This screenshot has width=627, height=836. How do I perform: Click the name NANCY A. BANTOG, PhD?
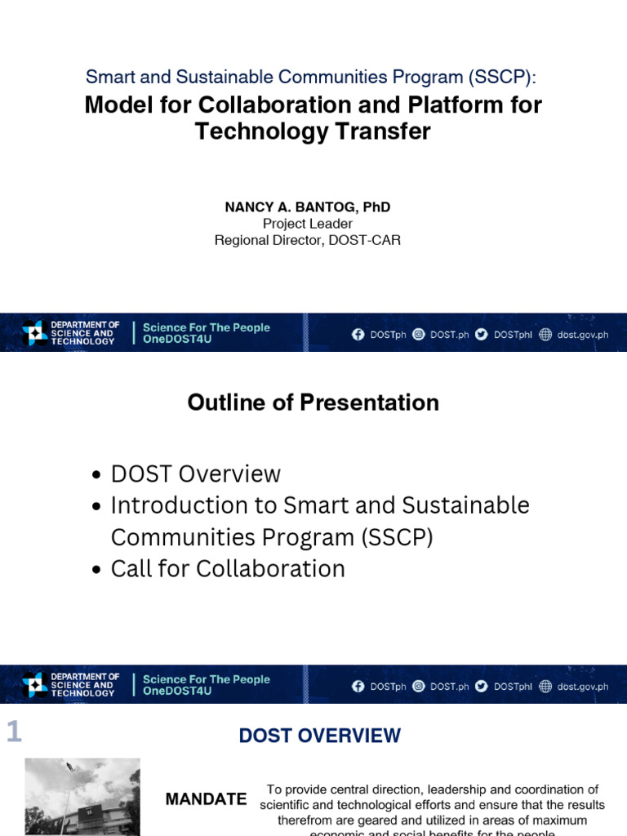coord(308,207)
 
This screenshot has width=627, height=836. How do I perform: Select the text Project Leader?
coord(308,224)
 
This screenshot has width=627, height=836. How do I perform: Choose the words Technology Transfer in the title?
coord(313,131)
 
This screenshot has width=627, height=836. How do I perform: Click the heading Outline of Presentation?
coord(313,402)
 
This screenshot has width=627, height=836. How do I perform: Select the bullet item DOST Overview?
coord(196,474)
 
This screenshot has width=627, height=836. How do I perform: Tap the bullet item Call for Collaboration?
coord(228,569)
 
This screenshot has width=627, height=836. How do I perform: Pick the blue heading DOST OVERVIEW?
coord(320,736)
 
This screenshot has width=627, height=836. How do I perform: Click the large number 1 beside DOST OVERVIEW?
coord(13,733)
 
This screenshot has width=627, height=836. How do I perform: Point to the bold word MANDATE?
coord(206,799)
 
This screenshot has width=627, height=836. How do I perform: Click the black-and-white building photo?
coord(82,797)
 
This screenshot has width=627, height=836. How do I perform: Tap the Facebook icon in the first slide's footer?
coord(358,334)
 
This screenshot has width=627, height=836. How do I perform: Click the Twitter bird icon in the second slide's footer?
coord(482,687)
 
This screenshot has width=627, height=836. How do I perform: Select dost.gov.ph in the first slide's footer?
coord(582,335)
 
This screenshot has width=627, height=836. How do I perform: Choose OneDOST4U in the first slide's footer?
coord(177,340)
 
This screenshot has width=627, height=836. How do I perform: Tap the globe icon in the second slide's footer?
coord(545,687)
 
